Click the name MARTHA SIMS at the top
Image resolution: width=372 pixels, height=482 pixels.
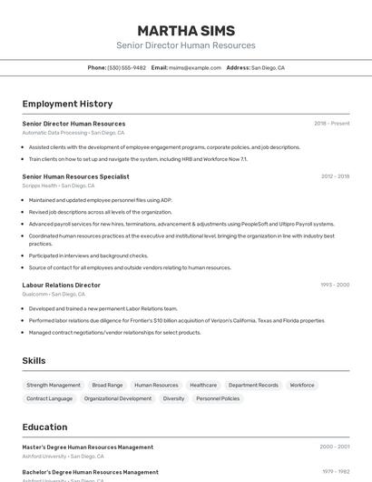click(186, 30)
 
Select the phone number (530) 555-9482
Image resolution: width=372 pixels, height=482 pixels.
click(126, 67)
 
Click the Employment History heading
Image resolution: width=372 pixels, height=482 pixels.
click(67, 104)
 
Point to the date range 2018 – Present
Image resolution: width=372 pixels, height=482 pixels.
click(331, 124)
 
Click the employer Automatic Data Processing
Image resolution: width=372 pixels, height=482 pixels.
click(54, 133)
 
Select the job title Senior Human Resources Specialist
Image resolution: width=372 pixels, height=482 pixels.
click(75, 176)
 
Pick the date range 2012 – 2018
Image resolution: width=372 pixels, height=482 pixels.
click(335, 176)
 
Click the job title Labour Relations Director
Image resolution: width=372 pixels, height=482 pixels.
click(61, 285)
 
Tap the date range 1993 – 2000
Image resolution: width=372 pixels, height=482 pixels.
click(335, 285)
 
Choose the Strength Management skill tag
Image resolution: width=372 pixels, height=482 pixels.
click(54, 385)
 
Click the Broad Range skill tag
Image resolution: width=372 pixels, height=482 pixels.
click(107, 385)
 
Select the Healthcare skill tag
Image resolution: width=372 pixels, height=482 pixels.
click(203, 385)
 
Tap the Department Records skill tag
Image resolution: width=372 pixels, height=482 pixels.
click(253, 385)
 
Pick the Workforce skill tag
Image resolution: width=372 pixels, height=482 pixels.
click(302, 385)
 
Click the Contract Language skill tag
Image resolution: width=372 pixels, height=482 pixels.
click(49, 398)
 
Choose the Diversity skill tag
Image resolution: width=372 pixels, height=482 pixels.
click(173, 398)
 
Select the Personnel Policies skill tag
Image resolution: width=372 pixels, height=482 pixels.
click(218, 398)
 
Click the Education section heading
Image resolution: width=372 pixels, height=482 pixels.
click(44, 427)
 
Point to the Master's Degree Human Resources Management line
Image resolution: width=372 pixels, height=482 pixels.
click(87, 447)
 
